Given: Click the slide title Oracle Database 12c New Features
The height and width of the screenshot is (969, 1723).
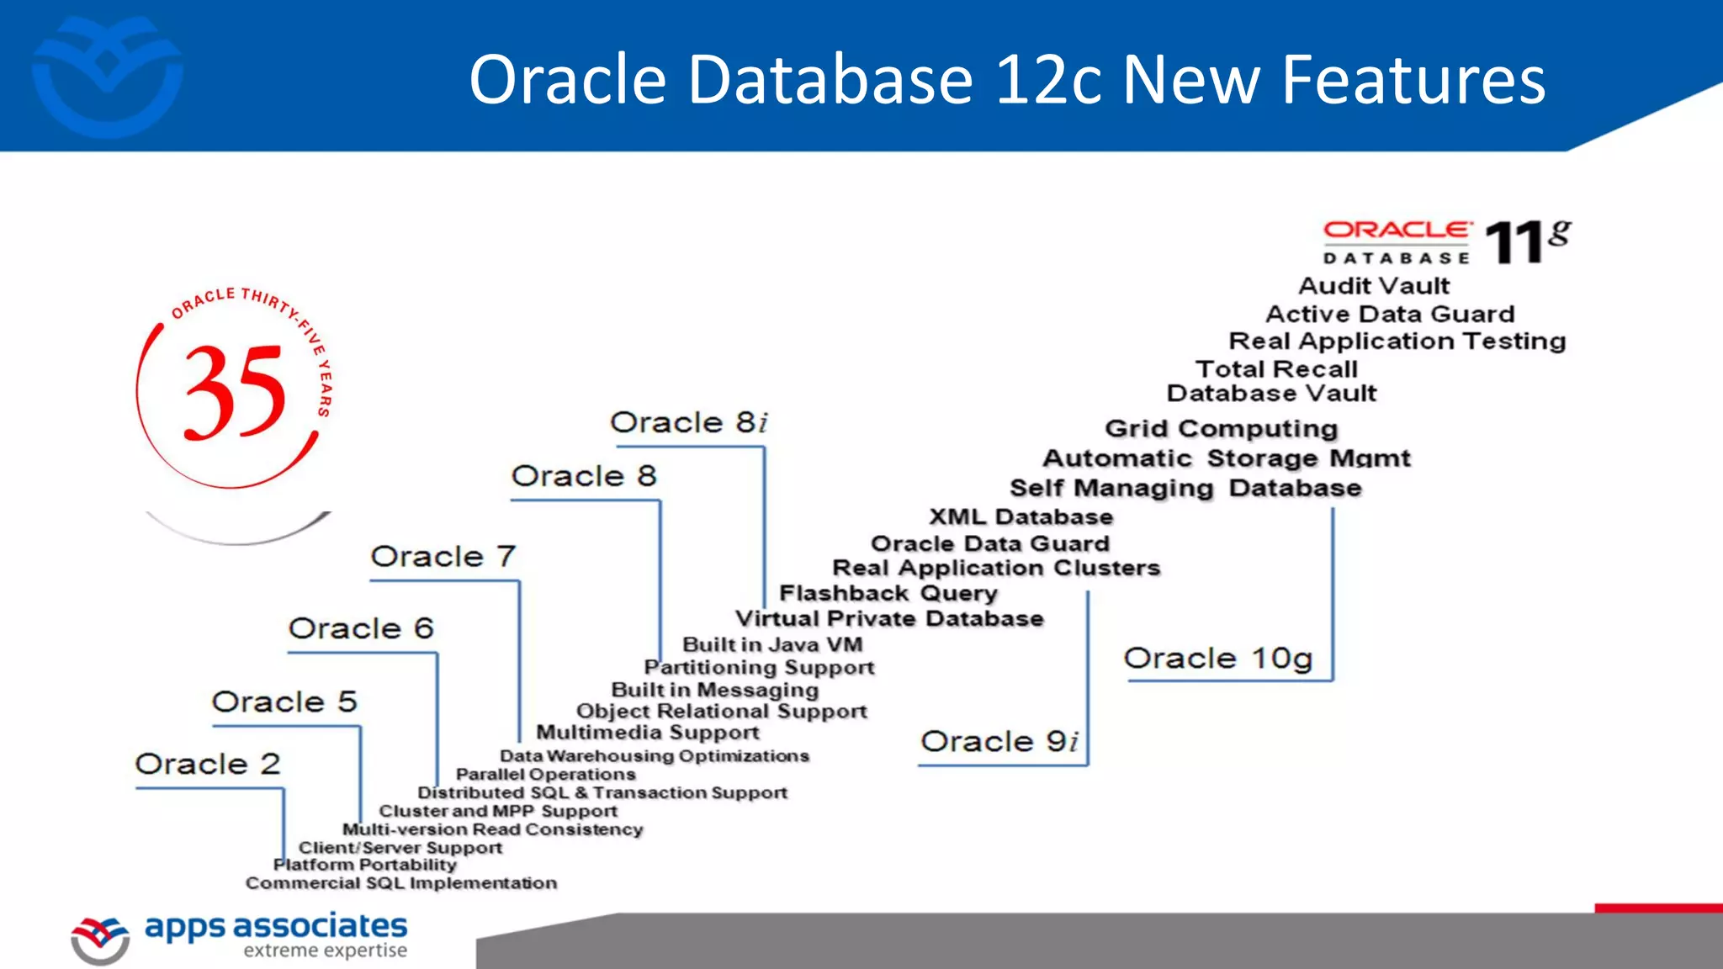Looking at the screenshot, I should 1007,80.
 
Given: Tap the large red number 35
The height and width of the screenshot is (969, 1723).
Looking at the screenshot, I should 235,393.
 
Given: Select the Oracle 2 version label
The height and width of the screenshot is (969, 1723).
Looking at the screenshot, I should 208,764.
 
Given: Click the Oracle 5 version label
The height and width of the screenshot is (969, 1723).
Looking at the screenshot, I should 284,702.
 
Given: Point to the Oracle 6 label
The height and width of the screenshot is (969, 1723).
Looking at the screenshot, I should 361,628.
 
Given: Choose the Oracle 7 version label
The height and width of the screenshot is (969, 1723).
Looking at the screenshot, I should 443,556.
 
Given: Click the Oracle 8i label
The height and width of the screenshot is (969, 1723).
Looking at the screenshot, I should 688,422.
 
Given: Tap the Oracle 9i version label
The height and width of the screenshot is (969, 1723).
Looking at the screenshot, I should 999,741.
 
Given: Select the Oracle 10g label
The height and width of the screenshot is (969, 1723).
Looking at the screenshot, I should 1217,658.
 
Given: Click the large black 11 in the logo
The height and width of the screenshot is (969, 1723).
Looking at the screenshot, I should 1514,244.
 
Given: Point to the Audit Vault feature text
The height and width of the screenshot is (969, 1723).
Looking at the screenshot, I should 1374,286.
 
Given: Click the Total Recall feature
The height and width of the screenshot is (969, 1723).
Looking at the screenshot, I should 1276,368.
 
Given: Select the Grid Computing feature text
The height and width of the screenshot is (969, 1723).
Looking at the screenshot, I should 1221,428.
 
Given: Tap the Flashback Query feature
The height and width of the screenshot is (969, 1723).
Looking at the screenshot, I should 888,593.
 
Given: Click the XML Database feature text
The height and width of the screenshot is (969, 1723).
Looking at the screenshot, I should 1021,516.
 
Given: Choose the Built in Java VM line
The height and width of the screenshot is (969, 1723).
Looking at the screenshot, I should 772,645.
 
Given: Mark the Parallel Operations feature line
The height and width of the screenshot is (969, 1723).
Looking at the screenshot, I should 545,774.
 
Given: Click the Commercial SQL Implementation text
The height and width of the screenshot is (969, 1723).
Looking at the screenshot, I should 401,883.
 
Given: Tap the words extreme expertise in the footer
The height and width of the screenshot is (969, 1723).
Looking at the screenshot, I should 325,950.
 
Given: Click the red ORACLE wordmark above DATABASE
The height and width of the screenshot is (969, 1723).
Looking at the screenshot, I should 1397,230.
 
